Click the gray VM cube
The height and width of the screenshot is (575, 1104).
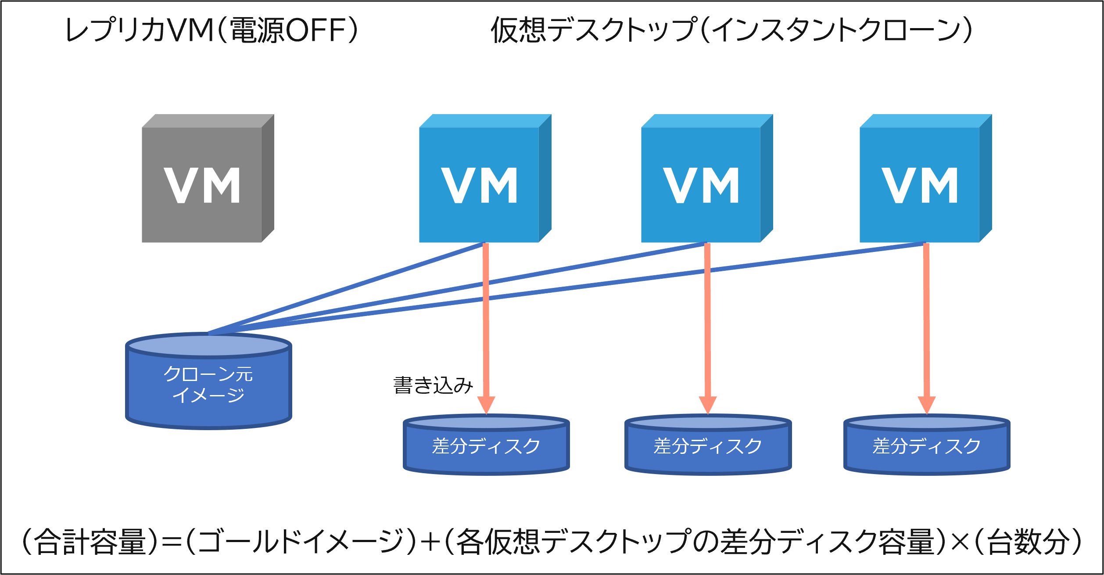click(208, 178)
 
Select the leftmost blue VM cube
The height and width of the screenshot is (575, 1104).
click(485, 178)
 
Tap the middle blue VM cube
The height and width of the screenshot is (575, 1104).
click(707, 178)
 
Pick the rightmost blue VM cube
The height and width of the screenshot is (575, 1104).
click(926, 178)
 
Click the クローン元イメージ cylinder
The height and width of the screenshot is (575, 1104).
click(209, 381)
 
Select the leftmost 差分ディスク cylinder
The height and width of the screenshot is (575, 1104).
click(486, 445)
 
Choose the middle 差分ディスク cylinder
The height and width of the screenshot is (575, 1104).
click(708, 445)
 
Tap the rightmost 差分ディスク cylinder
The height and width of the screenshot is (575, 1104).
click(927, 445)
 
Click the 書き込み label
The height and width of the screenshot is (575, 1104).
click(433, 385)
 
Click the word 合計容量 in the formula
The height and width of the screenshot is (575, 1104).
click(90, 541)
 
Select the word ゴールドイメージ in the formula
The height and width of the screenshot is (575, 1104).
click(301, 541)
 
